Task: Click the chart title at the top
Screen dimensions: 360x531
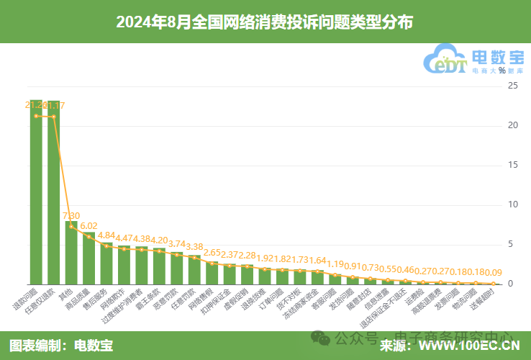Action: click(x=265, y=22)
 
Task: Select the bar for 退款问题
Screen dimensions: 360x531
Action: click(x=36, y=194)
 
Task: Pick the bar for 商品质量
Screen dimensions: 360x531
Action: click(x=88, y=259)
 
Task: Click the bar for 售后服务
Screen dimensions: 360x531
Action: click(x=106, y=264)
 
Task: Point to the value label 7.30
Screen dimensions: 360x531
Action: click(x=71, y=215)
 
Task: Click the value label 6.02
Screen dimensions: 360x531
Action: click(x=88, y=225)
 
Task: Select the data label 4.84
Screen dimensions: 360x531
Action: click(x=106, y=235)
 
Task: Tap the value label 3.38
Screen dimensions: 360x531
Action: click(x=194, y=246)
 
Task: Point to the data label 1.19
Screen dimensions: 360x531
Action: click(x=335, y=264)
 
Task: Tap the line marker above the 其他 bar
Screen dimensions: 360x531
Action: click(x=71, y=226)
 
